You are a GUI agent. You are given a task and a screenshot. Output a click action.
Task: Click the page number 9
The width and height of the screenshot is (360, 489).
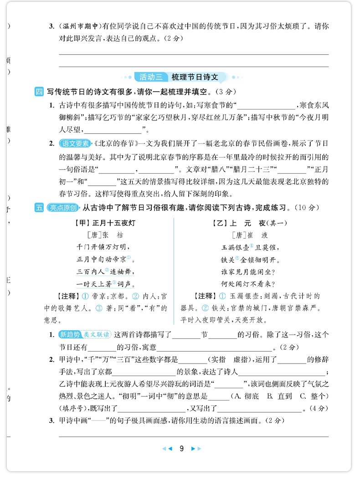[x=181, y=449]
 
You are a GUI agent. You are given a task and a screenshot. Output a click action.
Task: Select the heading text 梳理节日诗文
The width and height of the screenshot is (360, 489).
[x=195, y=77]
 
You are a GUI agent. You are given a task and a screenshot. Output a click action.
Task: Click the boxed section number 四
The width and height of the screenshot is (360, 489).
[x=39, y=91]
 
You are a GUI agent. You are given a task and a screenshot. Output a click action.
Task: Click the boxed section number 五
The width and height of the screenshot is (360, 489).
[x=39, y=208]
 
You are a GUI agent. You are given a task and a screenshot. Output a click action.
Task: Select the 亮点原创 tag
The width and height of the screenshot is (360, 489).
[x=63, y=208]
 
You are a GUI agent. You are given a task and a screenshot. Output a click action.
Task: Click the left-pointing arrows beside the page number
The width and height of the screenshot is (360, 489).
[x=167, y=449]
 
